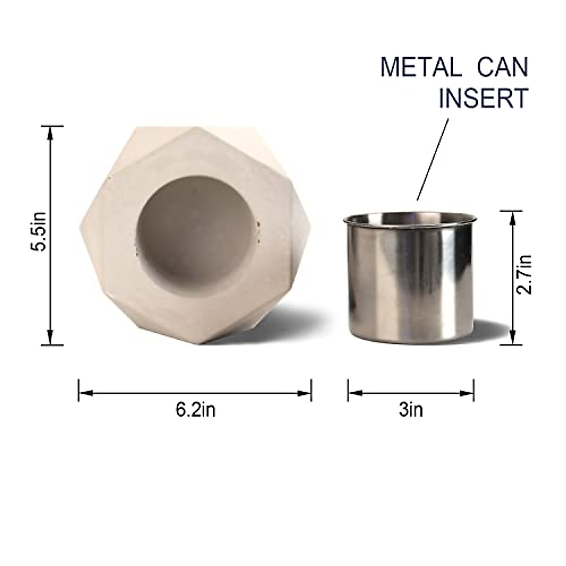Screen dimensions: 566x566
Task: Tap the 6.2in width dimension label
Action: (x=195, y=409)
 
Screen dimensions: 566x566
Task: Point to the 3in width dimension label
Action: (x=411, y=409)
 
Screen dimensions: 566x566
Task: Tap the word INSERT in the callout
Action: (x=483, y=99)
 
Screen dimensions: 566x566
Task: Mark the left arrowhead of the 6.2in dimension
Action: (x=85, y=392)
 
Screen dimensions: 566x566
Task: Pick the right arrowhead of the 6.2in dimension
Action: (x=305, y=392)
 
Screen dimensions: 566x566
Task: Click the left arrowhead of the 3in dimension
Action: (x=355, y=392)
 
